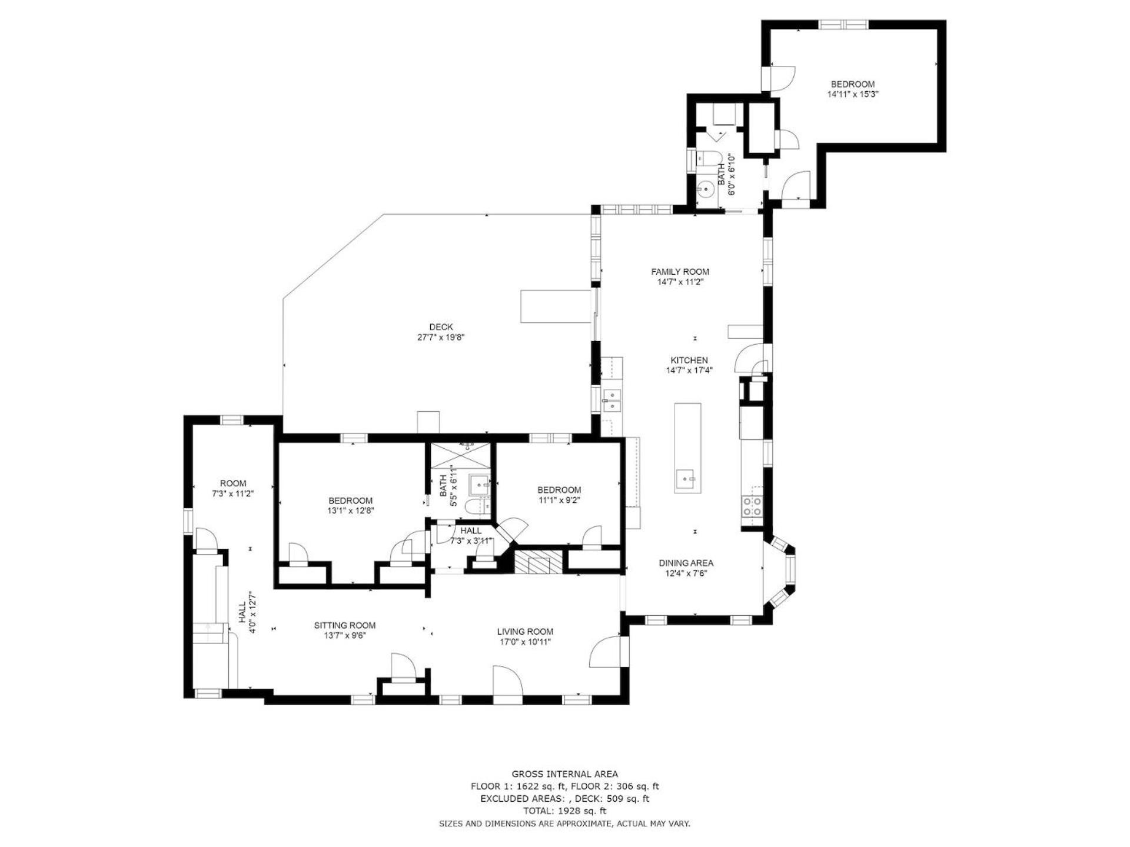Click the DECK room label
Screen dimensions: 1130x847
pos(441,327)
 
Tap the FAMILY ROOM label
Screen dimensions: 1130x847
pos(680,272)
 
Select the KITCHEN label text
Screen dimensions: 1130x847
pos(689,361)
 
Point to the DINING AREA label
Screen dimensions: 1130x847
pos(686,563)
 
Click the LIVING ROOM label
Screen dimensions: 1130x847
pos(525,632)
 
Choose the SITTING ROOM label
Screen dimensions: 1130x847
pos(344,625)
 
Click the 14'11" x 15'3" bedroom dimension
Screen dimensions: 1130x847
pos(852,94)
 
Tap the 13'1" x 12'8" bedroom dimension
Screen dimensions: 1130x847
pos(351,511)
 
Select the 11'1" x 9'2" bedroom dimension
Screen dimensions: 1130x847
pos(559,500)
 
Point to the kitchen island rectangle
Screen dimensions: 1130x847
pos(687,448)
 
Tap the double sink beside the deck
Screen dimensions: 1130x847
pos(612,401)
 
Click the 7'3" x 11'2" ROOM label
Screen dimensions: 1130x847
pos(233,489)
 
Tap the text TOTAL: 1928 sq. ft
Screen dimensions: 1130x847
pos(564,811)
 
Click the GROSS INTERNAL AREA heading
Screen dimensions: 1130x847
pos(564,774)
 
